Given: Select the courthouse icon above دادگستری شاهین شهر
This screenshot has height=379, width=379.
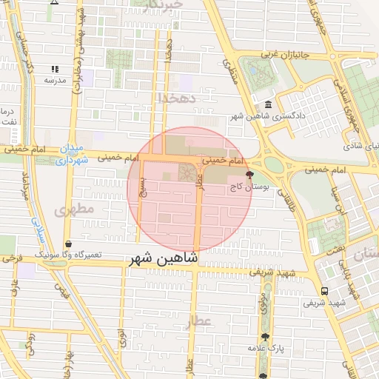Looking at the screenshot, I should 266,104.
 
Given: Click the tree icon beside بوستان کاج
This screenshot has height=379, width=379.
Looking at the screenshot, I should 249,176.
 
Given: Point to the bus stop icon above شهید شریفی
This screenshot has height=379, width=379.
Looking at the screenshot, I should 324,291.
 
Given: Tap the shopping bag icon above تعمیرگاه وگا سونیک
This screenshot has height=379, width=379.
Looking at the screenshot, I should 69,244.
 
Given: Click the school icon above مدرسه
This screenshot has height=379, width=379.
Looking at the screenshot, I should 54,69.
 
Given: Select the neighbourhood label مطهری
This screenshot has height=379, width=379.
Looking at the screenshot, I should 74,209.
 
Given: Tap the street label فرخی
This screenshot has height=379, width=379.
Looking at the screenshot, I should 12,259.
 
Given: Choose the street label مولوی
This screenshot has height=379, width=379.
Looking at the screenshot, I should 264,303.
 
